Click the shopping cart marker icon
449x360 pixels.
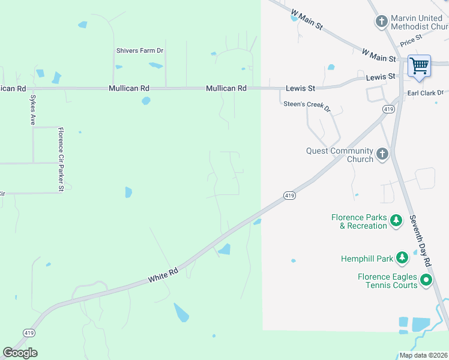pyautogui.click(x=419, y=65)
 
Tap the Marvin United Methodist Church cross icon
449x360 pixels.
pyautogui.click(x=381, y=22)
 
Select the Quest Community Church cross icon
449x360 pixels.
pyautogui.click(x=382, y=155)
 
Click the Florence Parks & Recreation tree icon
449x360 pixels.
pyautogui.click(x=396, y=221)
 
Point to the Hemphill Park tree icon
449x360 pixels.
pyautogui.click(x=402, y=259)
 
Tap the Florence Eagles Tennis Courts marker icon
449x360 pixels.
pyautogui.click(x=426, y=280)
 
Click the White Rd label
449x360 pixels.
pyautogui.click(x=163, y=275)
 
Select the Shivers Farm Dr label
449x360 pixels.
pyautogui.click(x=140, y=51)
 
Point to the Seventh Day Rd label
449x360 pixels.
pyautogui.click(x=420, y=240)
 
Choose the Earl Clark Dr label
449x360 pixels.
pyautogui.click(x=425, y=92)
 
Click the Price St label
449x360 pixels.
pyautogui.click(x=411, y=41)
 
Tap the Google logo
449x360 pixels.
pyautogui.click(x=20, y=353)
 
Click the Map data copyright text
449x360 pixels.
pyautogui.click(x=423, y=355)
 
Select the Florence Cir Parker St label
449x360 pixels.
pyautogui.click(x=61, y=159)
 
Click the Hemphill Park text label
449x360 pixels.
pyautogui.click(x=367, y=259)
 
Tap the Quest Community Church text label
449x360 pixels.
pyautogui.click(x=340, y=155)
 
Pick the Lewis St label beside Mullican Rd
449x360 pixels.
pyautogui.click(x=300, y=88)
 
